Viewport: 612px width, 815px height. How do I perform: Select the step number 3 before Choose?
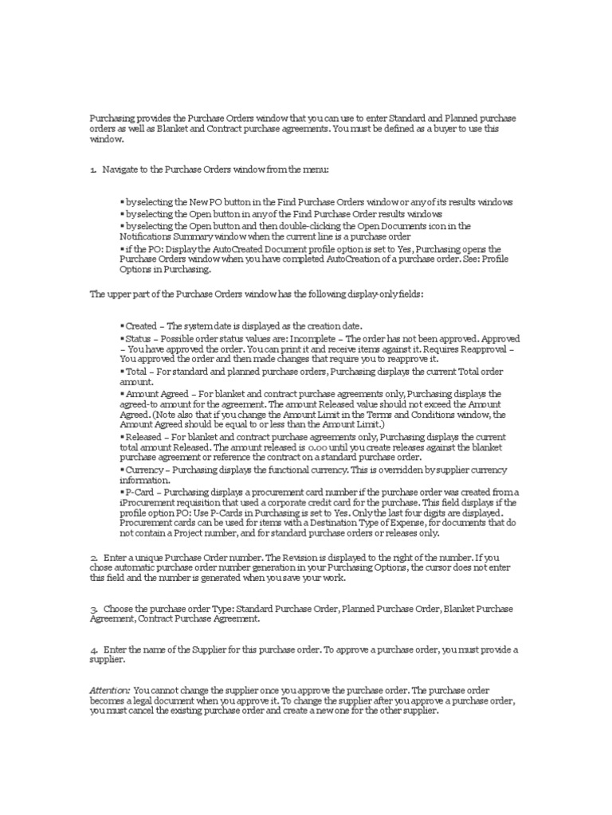point(92,609)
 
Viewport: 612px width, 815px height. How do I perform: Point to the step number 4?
point(92,650)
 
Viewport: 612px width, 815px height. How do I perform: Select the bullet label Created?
point(141,326)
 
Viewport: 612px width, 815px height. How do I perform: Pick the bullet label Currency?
point(143,470)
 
